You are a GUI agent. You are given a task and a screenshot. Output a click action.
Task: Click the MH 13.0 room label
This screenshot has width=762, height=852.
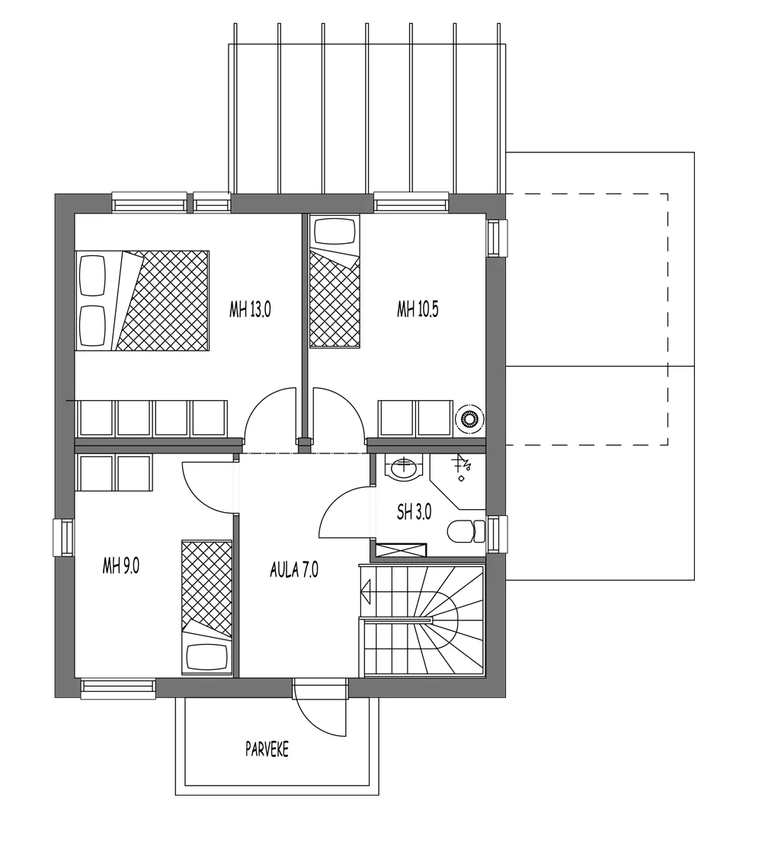coord(250,309)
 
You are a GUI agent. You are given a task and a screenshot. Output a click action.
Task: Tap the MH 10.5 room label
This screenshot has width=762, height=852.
coord(418,309)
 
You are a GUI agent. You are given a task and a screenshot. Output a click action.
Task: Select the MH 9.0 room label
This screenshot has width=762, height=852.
coord(120,565)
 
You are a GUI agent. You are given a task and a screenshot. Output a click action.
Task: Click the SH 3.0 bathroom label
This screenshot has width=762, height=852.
coord(414,512)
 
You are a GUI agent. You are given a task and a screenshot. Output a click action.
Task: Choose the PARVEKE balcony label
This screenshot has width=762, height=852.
coord(267,749)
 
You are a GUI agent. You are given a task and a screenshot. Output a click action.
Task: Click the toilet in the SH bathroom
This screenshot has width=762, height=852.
coord(466,531)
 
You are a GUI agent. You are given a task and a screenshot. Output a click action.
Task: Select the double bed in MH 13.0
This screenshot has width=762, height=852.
coord(142,300)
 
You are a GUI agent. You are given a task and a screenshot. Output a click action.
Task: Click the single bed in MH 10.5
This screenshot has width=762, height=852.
coord(334,282)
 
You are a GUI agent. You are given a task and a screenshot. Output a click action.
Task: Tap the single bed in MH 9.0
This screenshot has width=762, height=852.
coord(207,607)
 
